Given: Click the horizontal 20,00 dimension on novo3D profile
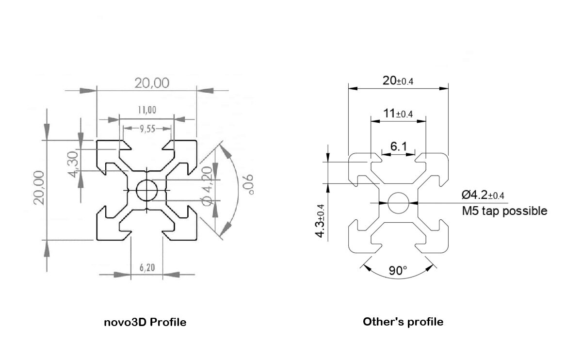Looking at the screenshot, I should click(152, 83).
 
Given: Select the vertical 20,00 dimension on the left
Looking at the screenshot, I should click(40, 188).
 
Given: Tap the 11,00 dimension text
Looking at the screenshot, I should click(146, 110).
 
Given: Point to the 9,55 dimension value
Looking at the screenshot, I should click(147, 129).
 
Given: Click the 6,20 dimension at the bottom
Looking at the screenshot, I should click(146, 267).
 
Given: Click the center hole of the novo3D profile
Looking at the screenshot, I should click(146, 190).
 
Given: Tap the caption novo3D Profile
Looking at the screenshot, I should click(145, 322).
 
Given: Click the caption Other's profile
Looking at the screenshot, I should click(403, 322).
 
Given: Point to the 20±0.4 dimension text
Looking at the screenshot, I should click(398, 81).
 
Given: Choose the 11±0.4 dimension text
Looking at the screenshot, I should click(398, 114).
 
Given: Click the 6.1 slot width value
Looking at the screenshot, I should click(398, 146).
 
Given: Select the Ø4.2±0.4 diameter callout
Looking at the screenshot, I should click(483, 195).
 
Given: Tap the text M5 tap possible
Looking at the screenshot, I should click(505, 211).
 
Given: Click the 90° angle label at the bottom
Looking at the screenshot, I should click(398, 270).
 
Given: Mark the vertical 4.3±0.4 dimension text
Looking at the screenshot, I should click(321, 220).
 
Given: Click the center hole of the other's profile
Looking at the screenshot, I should click(398, 202).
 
